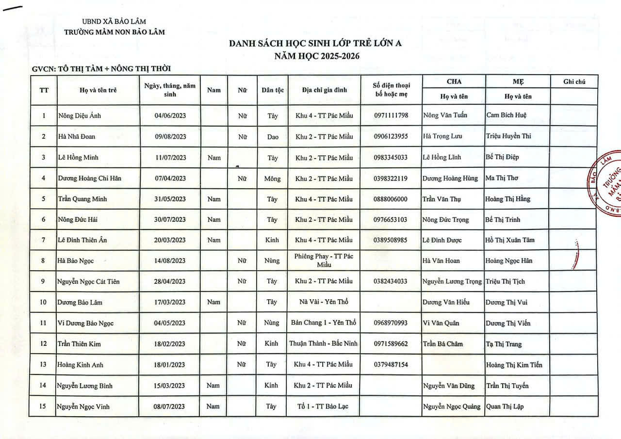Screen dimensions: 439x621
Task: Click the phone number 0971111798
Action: [391, 115]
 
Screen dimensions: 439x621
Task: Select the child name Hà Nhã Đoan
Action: [76, 136]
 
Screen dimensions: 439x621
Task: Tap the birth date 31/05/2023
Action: [170, 199]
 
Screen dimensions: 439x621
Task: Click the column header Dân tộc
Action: [272, 90]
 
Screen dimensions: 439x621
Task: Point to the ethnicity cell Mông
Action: [272, 179]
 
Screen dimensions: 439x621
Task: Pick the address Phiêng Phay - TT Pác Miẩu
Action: [324, 260]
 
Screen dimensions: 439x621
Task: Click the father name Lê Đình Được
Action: [442, 240]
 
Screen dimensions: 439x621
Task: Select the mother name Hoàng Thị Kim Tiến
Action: [514, 365]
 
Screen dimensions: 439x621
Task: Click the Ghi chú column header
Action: [574, 81]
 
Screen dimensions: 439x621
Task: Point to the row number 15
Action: [43, 406]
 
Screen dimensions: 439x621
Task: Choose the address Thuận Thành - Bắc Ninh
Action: [324, 343]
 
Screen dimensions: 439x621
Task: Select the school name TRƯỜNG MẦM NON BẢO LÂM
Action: [114, 32]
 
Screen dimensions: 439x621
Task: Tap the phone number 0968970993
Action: [391, 323]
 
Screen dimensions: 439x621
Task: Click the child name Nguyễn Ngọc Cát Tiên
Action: [88, 281]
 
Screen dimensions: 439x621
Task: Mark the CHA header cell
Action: [454, 81]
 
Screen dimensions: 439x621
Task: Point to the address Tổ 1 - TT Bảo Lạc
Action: [323, 406]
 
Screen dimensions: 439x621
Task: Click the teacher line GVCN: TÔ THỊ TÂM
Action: [101, 69]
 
